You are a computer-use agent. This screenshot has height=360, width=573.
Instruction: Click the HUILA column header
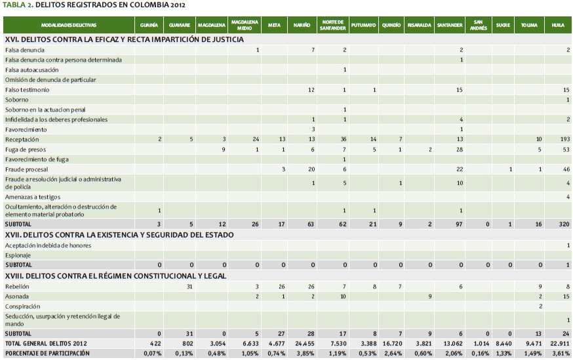tap(558, 25)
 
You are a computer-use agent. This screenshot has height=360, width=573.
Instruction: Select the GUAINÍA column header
tap(149, 25)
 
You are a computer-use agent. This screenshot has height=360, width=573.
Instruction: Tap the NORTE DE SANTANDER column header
tap(332, 25)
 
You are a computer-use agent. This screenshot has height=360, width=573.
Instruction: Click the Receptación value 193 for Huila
tap(563, 140)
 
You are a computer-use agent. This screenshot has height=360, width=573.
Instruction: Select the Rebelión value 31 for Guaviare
tap(189, 287)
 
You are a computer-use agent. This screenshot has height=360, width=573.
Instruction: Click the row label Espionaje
tap(18, 255)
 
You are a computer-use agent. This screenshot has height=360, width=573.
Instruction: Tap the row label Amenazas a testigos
tap(33, 197)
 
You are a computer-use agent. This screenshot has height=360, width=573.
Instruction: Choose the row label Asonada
tap(17, 296)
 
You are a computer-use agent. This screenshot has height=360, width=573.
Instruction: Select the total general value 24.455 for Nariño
tap(304, 344)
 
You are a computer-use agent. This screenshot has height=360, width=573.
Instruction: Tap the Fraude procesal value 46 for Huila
tap(564, 169)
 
